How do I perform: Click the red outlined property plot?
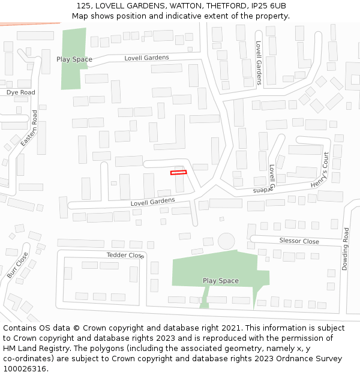178,173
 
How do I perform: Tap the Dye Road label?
21,92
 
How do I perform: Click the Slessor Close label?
299,241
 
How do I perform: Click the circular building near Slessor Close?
226,241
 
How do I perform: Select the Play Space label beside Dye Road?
74,59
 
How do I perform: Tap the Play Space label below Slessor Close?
220,281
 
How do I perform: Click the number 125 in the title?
84,5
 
